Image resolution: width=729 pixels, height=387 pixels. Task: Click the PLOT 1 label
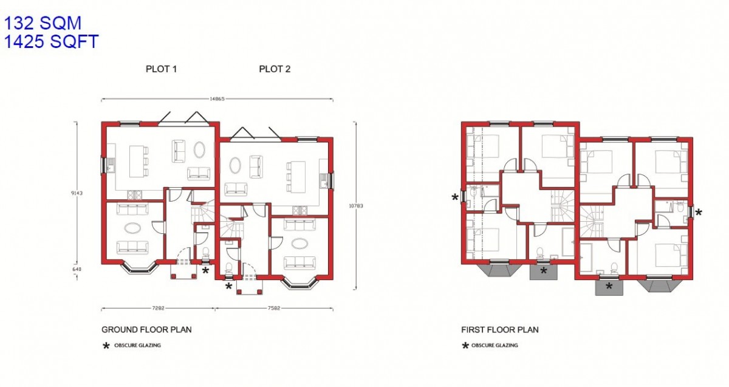(x=161, y=69)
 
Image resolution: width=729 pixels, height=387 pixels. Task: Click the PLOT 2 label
(x=275, y=69)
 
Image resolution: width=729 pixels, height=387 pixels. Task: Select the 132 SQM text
(x=43, y=23)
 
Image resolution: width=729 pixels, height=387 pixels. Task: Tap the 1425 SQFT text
(x=51, y=41)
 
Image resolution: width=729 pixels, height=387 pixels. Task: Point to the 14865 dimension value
(x=217, y=99)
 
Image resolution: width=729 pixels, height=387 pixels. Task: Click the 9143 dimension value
(x=77, y=193)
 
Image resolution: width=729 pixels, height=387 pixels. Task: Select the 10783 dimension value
(x=356, y=206)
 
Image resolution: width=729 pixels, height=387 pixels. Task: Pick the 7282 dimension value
(x=158, y=308)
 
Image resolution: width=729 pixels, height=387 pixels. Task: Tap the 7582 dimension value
(x=274, y=308)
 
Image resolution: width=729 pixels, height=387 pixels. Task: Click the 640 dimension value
(x=77, y=269)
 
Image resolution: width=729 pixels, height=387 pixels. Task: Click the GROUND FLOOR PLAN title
(x=146, y=330)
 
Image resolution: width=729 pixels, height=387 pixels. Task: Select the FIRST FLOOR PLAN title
(x=500, y=330)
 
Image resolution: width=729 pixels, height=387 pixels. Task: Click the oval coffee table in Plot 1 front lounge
(x=132, y=228)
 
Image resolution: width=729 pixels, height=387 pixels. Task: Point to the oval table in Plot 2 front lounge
(x=299, y=243)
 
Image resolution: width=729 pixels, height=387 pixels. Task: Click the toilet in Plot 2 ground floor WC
(x=229, y=268)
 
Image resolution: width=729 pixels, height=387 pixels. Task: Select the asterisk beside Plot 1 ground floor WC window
(x=206, y=270)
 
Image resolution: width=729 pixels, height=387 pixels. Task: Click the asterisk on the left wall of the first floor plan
(x=455, y=197)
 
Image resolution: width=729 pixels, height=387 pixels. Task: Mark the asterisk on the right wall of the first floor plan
(x=699, y=213)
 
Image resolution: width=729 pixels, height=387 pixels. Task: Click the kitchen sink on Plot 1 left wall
(x=111, y=165)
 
